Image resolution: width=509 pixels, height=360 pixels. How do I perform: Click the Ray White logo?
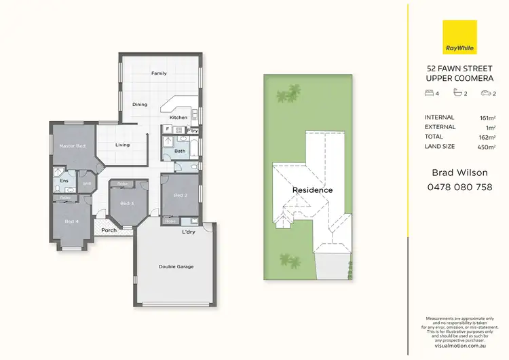459,37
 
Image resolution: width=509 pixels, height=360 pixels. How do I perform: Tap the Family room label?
159,73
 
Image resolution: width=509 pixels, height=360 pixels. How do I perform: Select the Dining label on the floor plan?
140,105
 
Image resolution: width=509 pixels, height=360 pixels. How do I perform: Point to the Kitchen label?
178,118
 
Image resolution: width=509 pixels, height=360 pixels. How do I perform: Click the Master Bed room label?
72,146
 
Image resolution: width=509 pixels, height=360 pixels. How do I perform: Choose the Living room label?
122,145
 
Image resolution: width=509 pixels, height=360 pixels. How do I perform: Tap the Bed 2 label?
180,196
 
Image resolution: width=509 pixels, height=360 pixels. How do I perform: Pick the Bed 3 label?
127,203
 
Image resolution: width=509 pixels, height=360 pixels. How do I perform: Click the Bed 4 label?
71,221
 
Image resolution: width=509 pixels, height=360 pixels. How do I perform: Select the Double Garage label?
176,266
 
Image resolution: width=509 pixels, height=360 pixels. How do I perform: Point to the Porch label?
109,230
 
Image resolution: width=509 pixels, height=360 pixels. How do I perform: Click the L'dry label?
189,232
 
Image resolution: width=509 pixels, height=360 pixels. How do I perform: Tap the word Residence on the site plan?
312,190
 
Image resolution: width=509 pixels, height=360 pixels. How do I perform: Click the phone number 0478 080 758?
459,187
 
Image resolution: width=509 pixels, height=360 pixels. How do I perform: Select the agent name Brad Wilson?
459,173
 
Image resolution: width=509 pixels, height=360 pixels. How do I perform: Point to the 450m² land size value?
487,147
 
